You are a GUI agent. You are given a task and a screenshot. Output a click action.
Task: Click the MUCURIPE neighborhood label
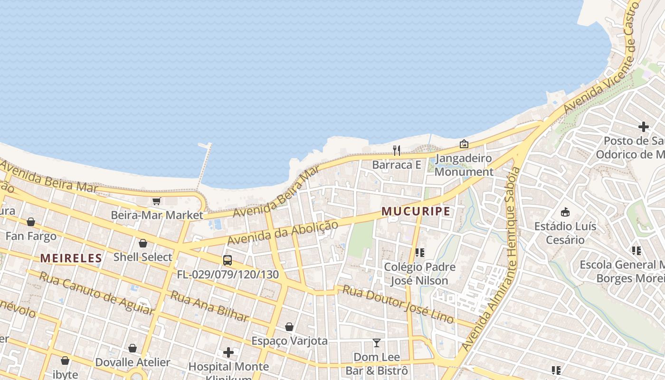[416, 211]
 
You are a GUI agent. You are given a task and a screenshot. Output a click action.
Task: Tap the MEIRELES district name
[71, 258]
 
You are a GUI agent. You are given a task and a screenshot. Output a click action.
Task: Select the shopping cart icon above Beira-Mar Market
[156, 201]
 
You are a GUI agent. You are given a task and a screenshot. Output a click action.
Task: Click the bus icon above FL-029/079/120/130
[228, 260]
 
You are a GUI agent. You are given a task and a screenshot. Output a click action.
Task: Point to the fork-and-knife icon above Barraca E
[397, 151]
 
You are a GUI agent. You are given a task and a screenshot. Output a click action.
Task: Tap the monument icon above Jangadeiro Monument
[464, 143]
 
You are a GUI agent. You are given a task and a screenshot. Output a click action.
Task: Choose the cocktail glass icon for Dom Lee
[377, 342]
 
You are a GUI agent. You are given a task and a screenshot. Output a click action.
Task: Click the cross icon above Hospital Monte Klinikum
[228, 352]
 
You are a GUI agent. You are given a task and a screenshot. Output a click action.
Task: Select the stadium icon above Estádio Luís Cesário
[565, 212]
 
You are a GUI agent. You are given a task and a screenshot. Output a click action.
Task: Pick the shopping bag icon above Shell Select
[143, 243]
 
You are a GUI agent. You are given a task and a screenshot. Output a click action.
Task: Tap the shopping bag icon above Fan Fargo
[31, 222]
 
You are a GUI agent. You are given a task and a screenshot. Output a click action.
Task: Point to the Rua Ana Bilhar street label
[209, 306]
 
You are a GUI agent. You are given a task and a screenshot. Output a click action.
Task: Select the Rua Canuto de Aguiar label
[96, 293]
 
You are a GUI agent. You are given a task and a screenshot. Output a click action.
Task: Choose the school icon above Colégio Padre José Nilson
[419, 252]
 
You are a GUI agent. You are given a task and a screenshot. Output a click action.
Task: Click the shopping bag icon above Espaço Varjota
[289, 327]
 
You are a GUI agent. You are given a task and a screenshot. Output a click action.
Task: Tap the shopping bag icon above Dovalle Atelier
[133, 348]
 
